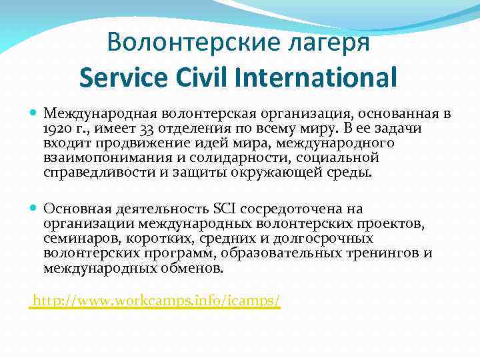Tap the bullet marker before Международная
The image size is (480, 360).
(x=35, y=114)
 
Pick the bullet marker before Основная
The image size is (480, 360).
(x=35, y=209)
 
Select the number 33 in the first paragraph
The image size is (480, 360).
(x=132, y=129)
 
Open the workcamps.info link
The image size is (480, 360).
(x=157, y=301)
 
